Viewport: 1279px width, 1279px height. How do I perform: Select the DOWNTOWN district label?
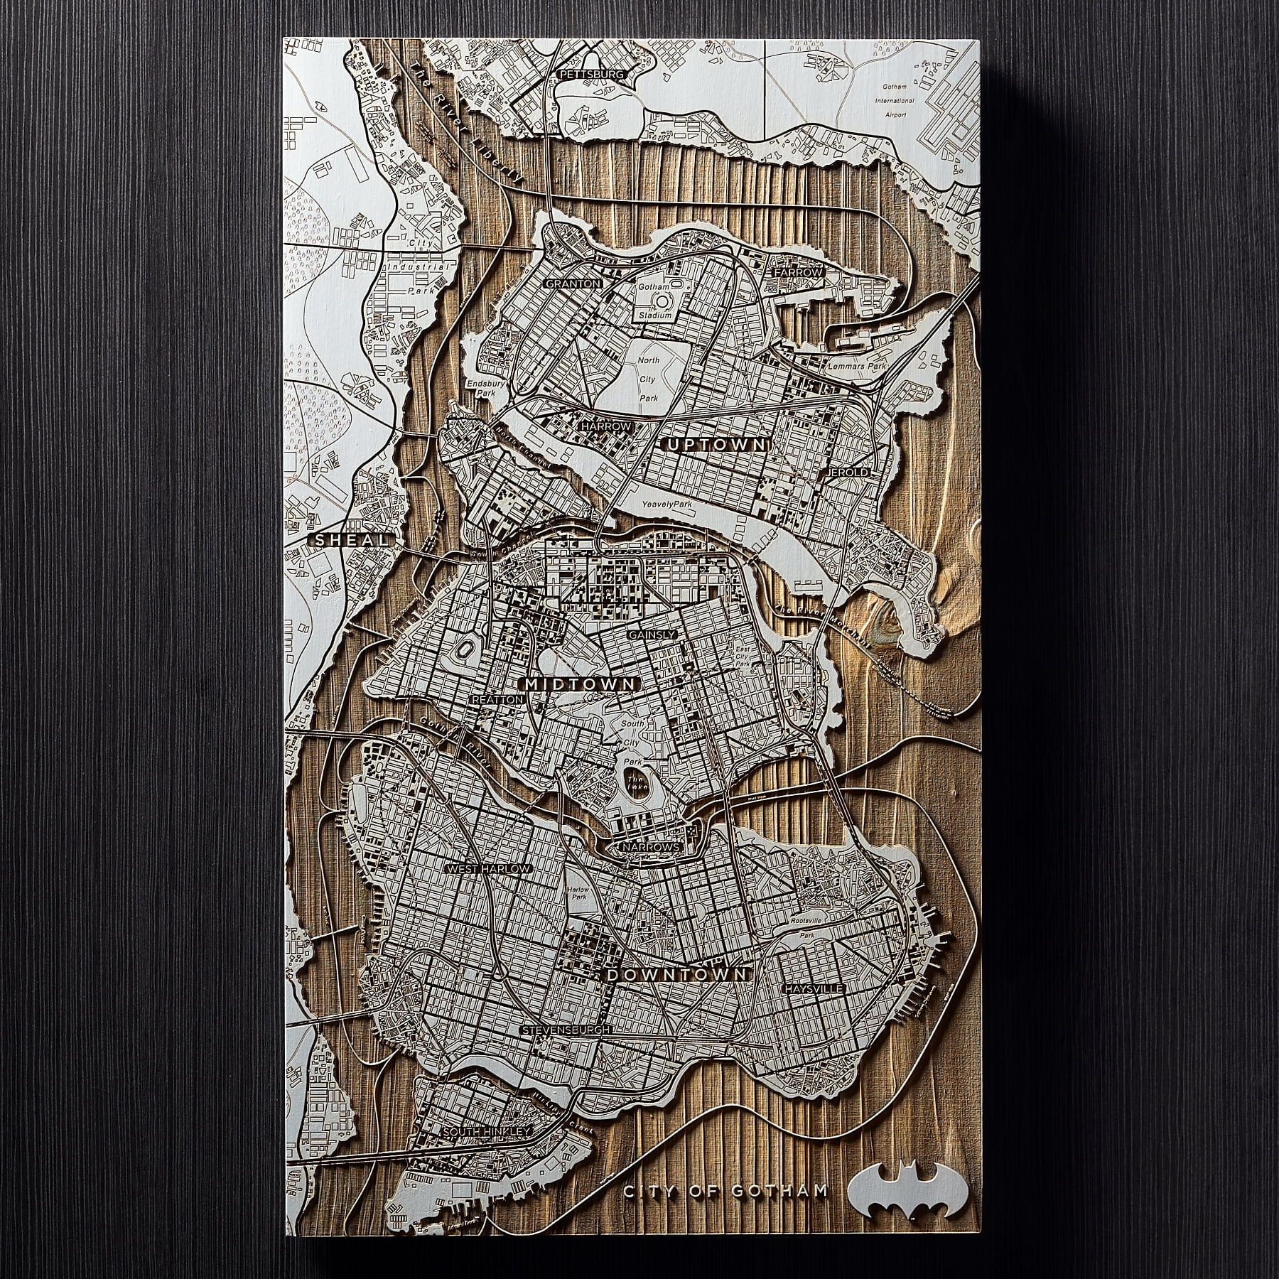click(677, 975)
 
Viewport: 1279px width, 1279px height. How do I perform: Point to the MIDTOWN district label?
click(580, 684)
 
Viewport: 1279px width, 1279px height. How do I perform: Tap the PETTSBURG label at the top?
click(591, 74)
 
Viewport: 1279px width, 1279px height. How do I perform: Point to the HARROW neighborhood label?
click(606, 426)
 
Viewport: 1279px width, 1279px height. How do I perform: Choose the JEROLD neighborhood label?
click(848, 472)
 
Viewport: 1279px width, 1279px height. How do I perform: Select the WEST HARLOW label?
click(487, 869)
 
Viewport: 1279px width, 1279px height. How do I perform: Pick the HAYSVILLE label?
click(813, 989)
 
